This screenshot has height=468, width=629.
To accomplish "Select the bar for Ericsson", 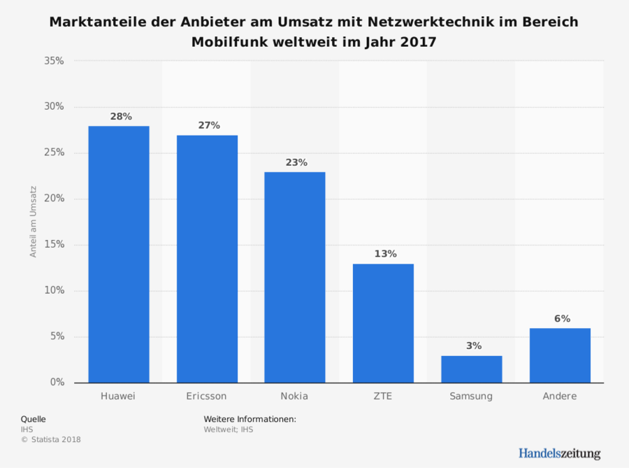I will coord(207,259).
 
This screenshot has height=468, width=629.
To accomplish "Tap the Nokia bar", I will coord(295,277).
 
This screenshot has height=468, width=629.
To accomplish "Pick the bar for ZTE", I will coord(383,323).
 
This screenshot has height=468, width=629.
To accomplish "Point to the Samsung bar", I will coord(471,369).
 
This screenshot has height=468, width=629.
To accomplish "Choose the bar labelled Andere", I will coord(560,355).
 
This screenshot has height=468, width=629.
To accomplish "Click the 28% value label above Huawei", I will coord(120,116).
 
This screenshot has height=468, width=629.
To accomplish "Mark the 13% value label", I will coord(384,254).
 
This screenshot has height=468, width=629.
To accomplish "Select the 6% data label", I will coord(561,318).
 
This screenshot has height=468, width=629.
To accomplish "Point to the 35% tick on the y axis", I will coord(54,61).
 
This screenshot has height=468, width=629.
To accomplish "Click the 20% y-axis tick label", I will coord(54,199).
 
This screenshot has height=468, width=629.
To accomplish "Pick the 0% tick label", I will coord(57,383).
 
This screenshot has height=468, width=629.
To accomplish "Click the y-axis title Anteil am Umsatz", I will coord(34,222).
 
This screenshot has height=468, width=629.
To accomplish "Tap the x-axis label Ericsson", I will coord(207,396).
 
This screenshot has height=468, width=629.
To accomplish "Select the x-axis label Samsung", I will coord(471,396).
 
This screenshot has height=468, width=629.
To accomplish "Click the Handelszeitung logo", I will coord(559,453).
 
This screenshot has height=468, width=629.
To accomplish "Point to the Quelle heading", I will coord(34,419).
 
